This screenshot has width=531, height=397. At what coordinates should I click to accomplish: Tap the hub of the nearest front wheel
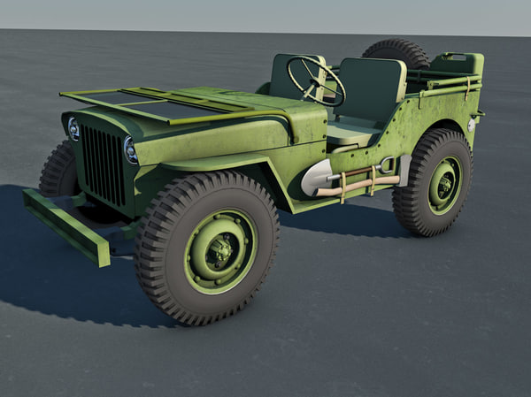(219, 251)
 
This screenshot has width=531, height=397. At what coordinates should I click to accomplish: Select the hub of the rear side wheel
(443, 185)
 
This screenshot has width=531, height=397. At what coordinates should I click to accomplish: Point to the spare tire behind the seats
(396, 50)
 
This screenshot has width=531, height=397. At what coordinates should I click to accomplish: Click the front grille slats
(104, 164)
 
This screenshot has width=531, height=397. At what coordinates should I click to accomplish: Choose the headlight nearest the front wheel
(131, 149)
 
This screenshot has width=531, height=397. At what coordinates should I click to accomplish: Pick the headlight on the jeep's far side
(73, 129)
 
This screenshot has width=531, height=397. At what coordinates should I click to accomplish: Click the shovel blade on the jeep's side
(316, 178)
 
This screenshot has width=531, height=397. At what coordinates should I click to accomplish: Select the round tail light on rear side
(471, 126)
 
